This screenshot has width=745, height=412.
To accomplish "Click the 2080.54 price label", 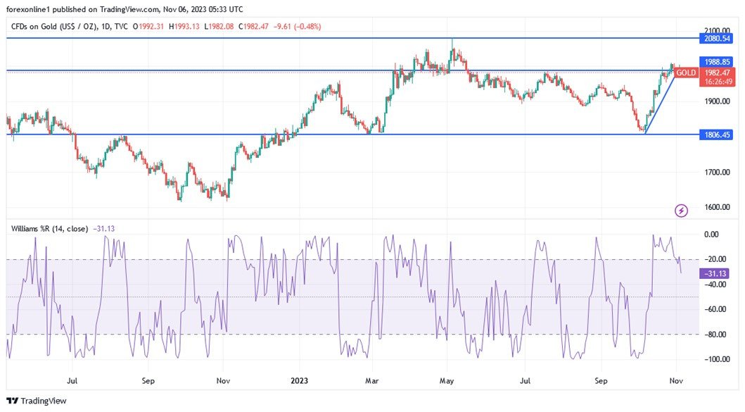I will (717, 39).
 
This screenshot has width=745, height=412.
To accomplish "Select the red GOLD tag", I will (686, 73).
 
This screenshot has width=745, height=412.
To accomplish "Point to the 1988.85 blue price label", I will (717, 62).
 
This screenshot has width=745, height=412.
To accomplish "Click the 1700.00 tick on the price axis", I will (717, 172).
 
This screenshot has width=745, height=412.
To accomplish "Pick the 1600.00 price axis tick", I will (717, 208).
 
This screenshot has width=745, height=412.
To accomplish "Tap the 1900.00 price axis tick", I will (717, 101).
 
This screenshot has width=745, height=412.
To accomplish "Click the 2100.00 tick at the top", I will (717, 30).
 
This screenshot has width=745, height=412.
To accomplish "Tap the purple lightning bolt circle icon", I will (681, 210).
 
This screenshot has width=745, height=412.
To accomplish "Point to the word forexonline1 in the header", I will (31, 9).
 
